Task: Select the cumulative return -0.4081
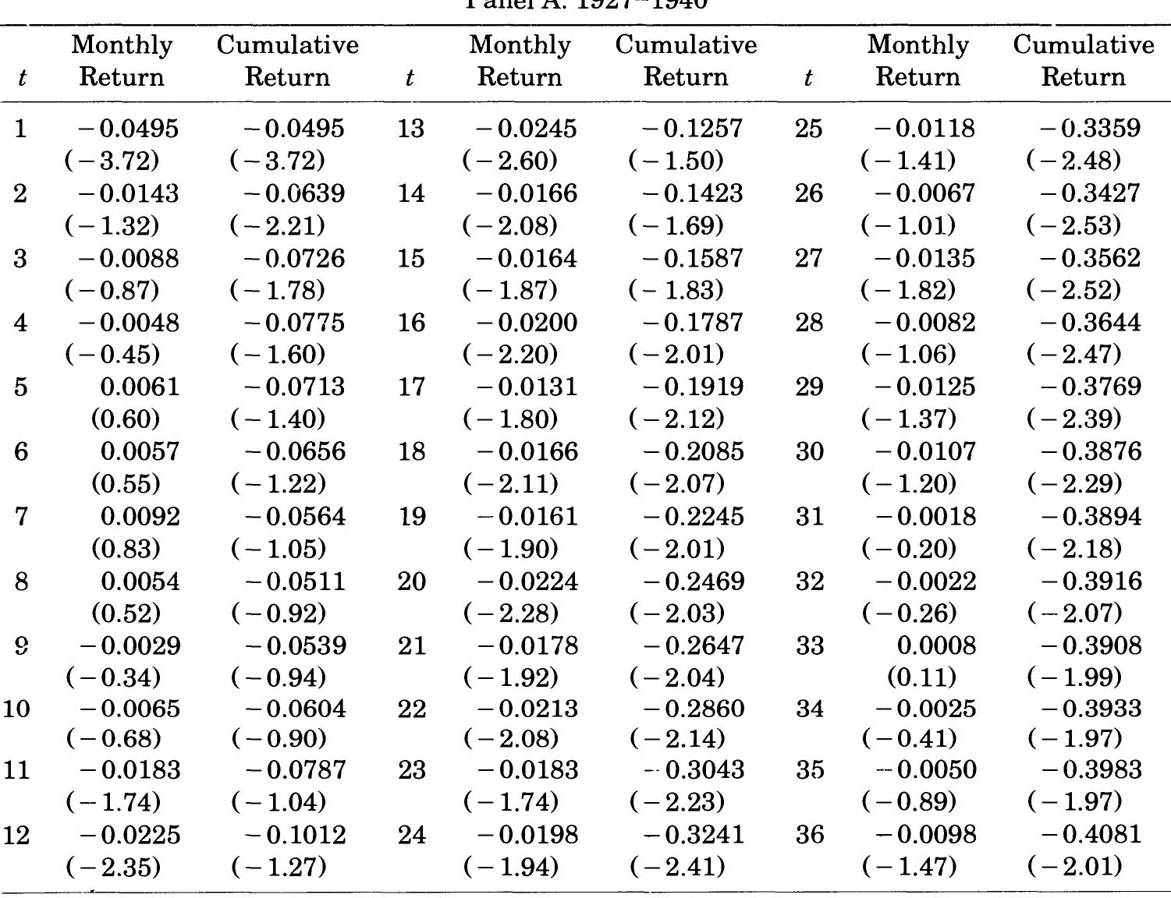pyautogui.click(x=1091, y=836)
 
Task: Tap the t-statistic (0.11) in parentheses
pyautogui.click(x=921, y=677)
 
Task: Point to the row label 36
pyautogui.click(x=809, y=836)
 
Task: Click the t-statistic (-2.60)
pyautogui.click(x=510, y=161)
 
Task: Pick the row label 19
pyautogui.click(x=412, y=517)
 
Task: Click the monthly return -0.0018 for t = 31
pyautogui.click(x=925, y=517)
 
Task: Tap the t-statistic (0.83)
pyautogui.click(x=126, y=549)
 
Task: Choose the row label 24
pyautogui.click(x=412, y=836)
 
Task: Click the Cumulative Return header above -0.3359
pyautogui.click(x=1083, y=61)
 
